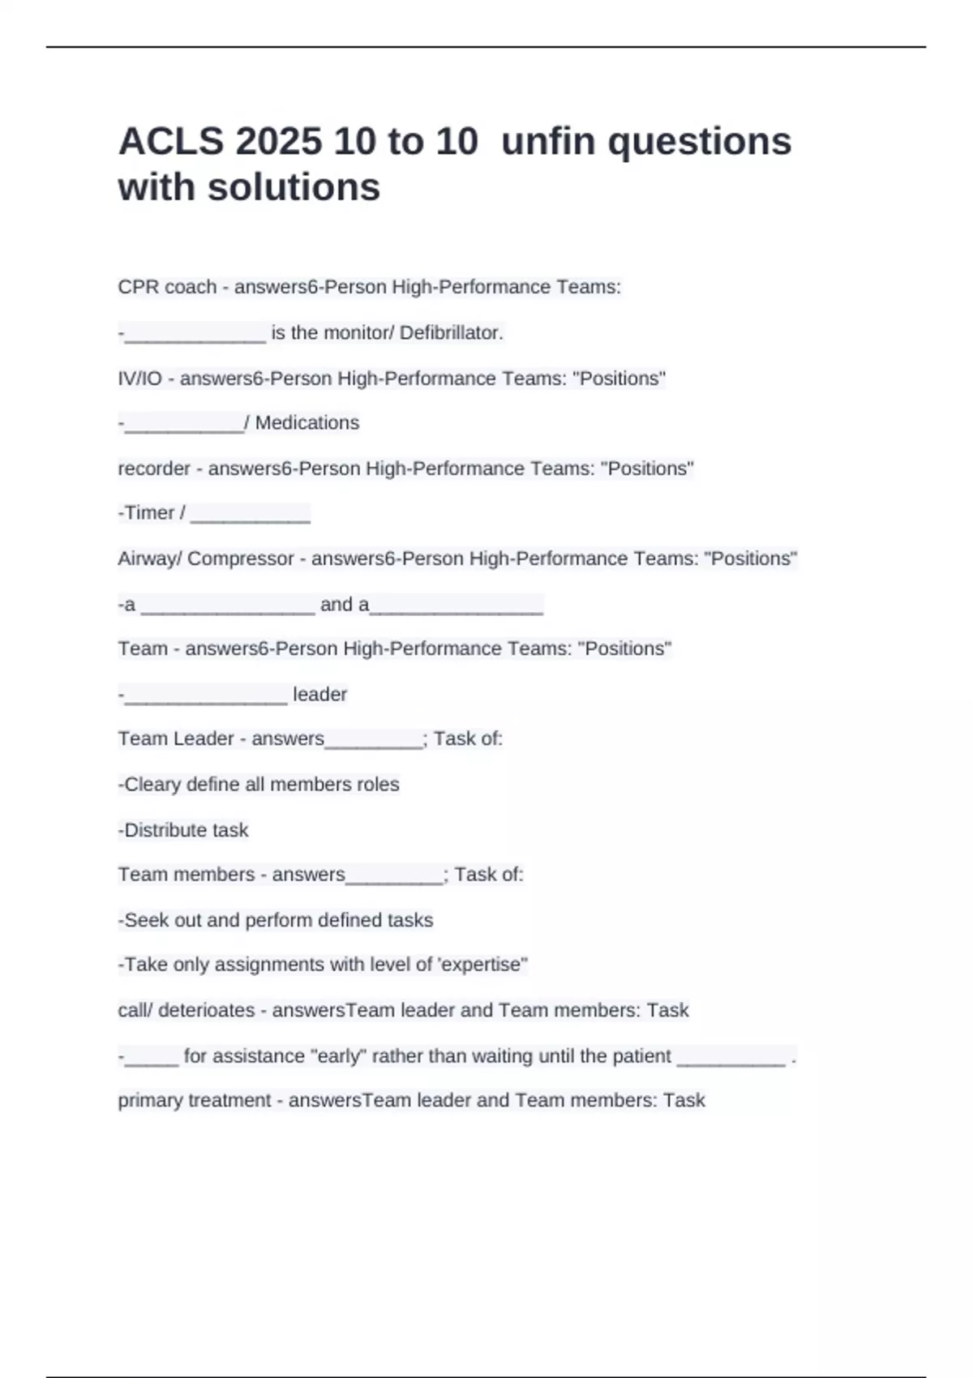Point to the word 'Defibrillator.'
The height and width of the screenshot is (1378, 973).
point(452,332)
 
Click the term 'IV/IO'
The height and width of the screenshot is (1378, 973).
point(140,379)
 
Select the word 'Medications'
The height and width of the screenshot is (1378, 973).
point(307,423)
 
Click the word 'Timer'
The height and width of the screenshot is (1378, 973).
point(149,513)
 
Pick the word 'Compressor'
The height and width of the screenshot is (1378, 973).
point(241,558)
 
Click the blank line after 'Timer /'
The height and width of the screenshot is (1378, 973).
point(251,516)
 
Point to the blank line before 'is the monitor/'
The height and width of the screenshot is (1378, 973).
point(195,336)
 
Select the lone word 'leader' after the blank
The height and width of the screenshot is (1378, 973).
point(319,695)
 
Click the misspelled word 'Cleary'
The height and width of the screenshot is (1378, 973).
point(152,785)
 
